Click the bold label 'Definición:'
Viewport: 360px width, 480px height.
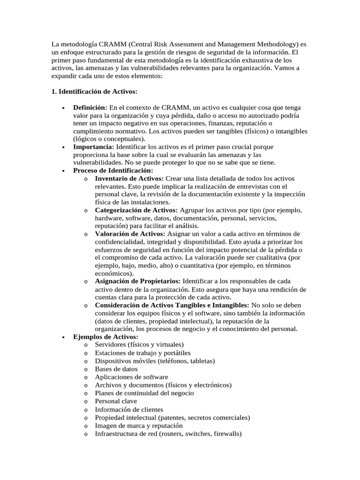pos(90,107)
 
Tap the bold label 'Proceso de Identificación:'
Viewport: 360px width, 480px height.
pos(113,171)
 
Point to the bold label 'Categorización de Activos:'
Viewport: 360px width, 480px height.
pos(136,210)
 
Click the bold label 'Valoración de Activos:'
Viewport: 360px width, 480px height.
pos(130,233)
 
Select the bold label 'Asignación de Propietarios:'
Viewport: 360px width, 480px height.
pos(138,281)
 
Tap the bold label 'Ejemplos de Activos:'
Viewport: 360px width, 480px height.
pos(106,337)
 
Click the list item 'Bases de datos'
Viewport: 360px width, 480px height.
pos(116,369)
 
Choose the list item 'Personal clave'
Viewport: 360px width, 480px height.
pos(116,401)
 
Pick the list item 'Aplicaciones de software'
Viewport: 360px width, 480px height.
pos(131,377)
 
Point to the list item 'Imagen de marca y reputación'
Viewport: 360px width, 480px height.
pos(139,426)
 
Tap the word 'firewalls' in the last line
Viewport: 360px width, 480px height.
pos(226,434)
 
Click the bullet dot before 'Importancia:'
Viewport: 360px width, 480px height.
pos(63,147)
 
